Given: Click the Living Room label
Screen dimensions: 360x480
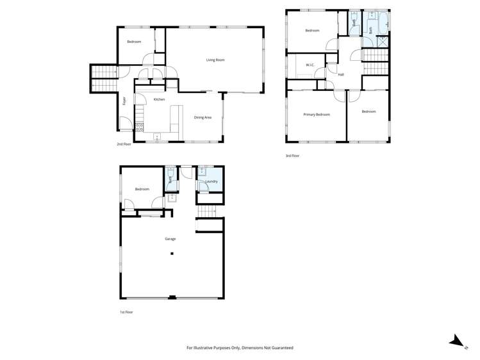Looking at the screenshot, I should tap(215, 60).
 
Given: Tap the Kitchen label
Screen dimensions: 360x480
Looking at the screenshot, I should tap(159, 99).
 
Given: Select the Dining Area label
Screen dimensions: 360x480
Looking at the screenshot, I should tap(203, 117).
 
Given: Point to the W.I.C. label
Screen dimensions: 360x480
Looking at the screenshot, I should tap(310, 65).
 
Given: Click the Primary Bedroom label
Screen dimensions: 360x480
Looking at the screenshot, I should tap(316, 114).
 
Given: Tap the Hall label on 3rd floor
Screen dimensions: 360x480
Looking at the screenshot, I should tap(341, 74).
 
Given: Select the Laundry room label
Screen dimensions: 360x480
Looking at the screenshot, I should tap(211, 182).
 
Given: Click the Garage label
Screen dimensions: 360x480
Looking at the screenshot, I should tap(170, 239).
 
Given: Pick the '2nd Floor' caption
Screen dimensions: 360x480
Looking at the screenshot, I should tap(124, 144).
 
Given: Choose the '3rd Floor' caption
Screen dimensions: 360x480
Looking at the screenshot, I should tap(292, 156).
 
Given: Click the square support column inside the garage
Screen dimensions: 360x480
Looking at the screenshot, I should tap(172, 254).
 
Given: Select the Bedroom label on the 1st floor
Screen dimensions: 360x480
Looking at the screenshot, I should tap(142, 189).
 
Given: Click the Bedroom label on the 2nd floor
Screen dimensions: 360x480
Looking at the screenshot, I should tap(133, 42).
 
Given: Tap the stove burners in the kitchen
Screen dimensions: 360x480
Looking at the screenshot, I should tap(139, 127).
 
